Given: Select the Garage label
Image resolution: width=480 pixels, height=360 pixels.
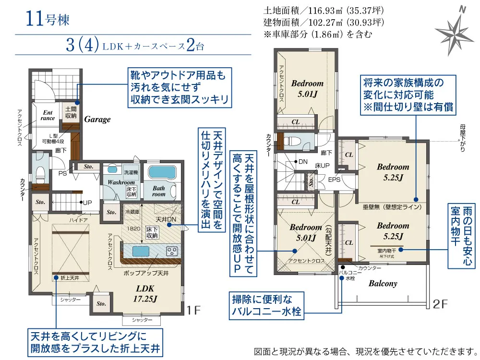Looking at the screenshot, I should tap(97, 120).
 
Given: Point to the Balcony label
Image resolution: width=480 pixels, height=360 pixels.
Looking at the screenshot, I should tap(383, 283).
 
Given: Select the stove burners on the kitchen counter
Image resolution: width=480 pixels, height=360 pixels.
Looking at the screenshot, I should tap(172, 251).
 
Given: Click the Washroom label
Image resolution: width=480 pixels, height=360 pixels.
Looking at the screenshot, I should tap(121, 182).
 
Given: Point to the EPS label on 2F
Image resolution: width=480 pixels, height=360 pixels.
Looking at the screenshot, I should tap(334, 180).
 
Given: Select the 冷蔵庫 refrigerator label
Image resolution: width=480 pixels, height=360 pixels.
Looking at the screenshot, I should tap(132, 211).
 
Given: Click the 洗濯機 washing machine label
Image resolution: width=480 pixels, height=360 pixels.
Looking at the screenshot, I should tap(131, 172).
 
